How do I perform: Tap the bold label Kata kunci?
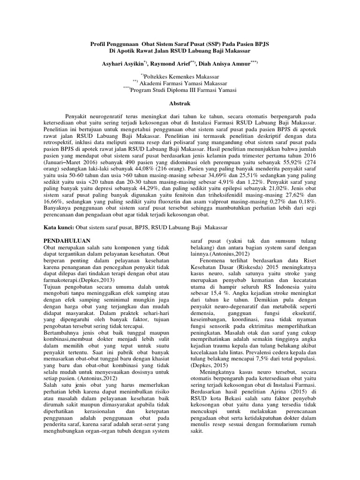58,227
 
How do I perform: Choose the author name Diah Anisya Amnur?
227,63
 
